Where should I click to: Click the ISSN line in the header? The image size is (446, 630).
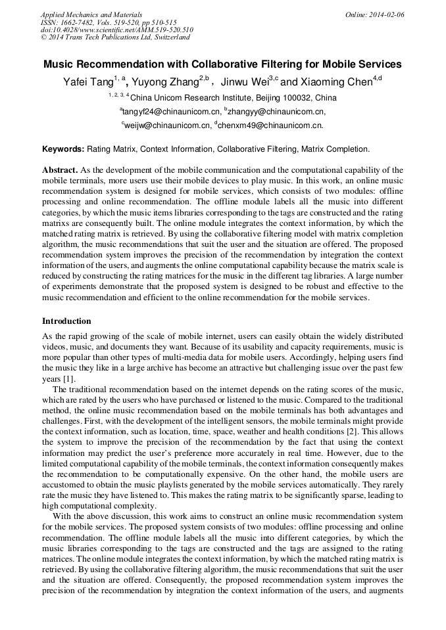click(x=109, y=22)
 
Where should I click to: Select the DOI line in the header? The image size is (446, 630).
click(x=116, y=30)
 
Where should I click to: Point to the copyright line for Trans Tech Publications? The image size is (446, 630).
click(x=115, y=37)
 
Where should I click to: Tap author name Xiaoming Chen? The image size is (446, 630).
click(x=335, y=83)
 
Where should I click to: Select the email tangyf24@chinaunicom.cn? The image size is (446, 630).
click(x=171, y=112)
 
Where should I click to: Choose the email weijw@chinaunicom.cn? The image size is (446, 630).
click(x=167, y=125)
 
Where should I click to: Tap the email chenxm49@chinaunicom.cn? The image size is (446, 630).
click(x=270, y=125)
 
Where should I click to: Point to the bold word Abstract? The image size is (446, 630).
click(x=61, y=169)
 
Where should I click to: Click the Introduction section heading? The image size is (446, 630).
click(x=66, y=321)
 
